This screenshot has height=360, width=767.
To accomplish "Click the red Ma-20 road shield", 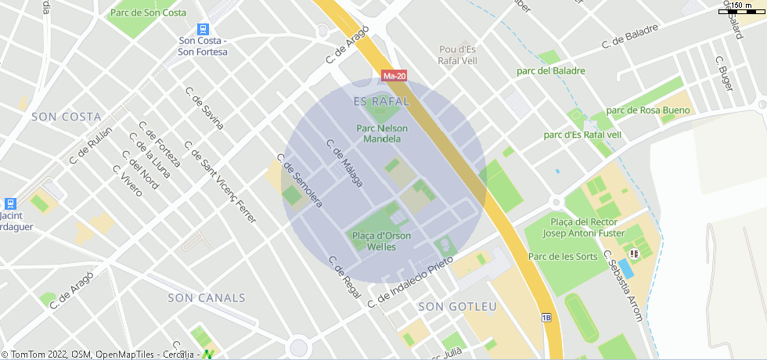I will click(x=394, y=76).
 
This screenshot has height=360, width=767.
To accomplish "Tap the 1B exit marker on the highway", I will click(x=546, y=317).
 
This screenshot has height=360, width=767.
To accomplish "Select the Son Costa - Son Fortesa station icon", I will click(x=203, y=29).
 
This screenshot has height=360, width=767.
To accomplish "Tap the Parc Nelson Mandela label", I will click(x=382, y=133).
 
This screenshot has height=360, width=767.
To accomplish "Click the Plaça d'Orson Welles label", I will click(x=381, y=241).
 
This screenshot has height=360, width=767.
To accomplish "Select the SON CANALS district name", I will click(x=206, y=298).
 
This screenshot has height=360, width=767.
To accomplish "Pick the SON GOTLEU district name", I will click(x=458, y=306).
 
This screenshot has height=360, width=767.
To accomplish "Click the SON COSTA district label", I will click(x=67, y=116).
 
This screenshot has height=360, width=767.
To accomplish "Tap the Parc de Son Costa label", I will click(x=148, y=13).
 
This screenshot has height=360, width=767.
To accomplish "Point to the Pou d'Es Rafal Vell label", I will click(x=457, y=55).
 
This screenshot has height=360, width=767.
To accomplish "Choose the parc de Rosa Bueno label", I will click(x=648, y=110).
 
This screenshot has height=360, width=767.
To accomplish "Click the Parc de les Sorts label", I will click(x=563, y=257).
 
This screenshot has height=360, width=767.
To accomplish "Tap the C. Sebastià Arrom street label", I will click(x=622, y=286).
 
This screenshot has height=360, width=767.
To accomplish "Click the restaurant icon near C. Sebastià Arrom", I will click(x=635, y=254).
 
